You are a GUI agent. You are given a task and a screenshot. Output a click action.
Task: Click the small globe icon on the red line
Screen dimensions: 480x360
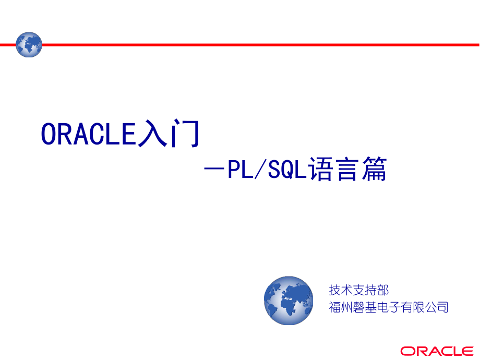(29, 45)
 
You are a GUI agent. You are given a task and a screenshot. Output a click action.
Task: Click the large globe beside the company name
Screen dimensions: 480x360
(289, 301)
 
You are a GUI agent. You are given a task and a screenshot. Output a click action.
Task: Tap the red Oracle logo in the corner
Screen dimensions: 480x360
(437, 351)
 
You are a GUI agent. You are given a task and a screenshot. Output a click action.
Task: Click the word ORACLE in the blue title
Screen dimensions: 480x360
(89, 134)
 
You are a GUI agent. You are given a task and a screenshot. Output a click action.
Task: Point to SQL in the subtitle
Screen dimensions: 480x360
(287, 169)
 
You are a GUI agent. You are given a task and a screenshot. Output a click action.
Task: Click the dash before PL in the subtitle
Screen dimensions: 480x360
(214, 169)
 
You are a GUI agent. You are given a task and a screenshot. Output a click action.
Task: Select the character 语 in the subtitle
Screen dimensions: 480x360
(320, 169)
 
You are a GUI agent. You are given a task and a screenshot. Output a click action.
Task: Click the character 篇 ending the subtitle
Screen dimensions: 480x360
(375, 169)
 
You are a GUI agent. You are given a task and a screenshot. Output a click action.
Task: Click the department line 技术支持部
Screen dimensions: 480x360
(359, 290)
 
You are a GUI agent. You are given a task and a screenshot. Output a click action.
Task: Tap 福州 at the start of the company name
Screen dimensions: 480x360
(341, 307)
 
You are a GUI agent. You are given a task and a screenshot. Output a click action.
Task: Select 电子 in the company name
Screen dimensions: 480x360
(389, 307)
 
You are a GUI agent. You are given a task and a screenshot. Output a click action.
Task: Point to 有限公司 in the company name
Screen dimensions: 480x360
(425, 307)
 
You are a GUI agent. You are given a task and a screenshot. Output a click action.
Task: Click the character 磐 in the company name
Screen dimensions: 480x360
(359, 307)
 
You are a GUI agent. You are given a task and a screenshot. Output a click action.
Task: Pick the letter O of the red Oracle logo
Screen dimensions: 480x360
(406, 351)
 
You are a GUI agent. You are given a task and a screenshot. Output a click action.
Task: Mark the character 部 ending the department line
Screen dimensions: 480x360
(383, 290)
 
